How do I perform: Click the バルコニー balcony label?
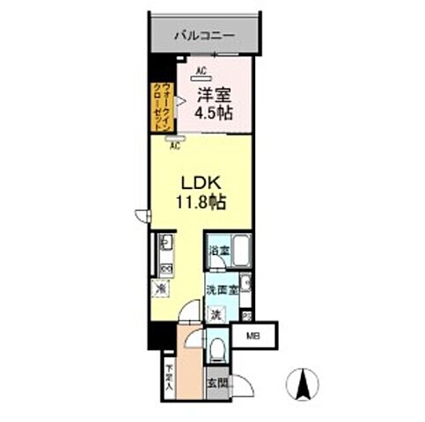(203, 36)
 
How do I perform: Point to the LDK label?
(201, 184)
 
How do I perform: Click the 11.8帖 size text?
(202, 201)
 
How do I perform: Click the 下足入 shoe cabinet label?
(169, 375)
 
